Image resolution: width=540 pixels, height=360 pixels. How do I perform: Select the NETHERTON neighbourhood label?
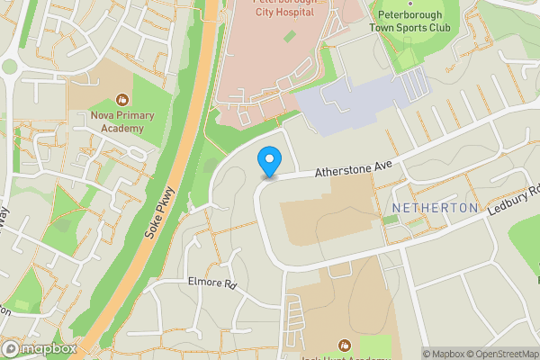point(436,208)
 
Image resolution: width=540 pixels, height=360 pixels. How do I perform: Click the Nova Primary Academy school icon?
point(123,100)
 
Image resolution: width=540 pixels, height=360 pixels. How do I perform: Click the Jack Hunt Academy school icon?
point(343,345)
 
